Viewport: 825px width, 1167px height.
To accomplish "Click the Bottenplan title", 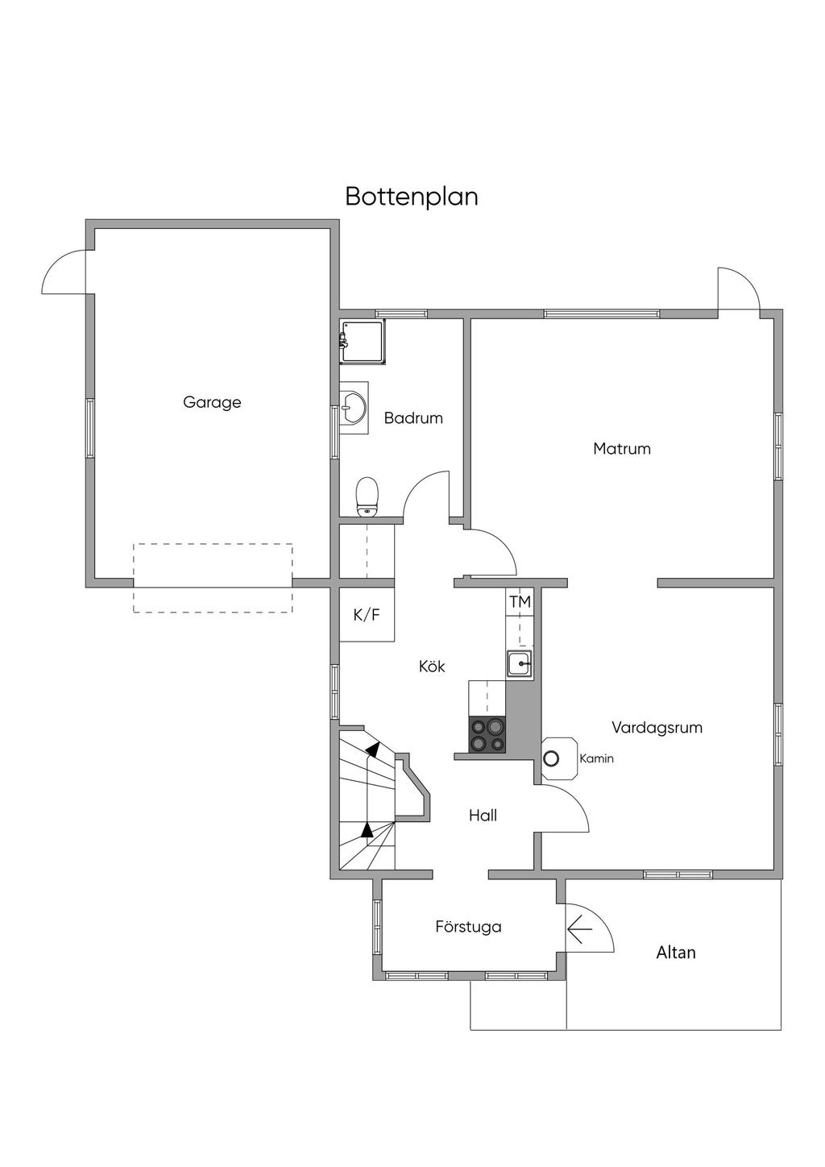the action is (x=412, y=197).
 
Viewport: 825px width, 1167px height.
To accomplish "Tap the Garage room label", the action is (x=212, y=402).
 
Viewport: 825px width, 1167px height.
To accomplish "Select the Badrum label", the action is (x=413, y=418).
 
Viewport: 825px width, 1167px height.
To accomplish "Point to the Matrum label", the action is (x=621, y=449).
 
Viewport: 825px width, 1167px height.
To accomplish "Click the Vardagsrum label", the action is (x=657, y=728).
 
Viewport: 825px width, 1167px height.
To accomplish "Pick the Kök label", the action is (x=432, y=667).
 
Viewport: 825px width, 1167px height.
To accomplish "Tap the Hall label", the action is (x=483, y=816).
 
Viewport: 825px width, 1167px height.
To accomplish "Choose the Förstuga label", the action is (x=468, y=927).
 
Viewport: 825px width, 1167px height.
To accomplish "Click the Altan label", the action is (x=675, y=953).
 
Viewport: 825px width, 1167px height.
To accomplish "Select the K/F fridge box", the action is (x=367, y=615).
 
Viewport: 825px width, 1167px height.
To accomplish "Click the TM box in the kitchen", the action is (x=520, y=602).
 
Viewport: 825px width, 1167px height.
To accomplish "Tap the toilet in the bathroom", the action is (x=367, y=496).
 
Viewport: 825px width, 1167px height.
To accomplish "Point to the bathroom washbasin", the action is (x=353, y=407).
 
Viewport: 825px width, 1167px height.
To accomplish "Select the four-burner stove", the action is (x=487, y=735).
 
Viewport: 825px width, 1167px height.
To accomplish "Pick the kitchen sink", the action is (x=520, y=664).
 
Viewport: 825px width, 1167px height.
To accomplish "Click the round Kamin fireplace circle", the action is (x=552, y=758).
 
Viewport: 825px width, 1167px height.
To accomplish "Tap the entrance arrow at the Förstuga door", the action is (x=579, y=931).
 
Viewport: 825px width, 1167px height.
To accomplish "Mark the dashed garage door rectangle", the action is (x=213, y=578).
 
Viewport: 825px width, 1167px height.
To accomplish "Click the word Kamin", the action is (x=596, y=758).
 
